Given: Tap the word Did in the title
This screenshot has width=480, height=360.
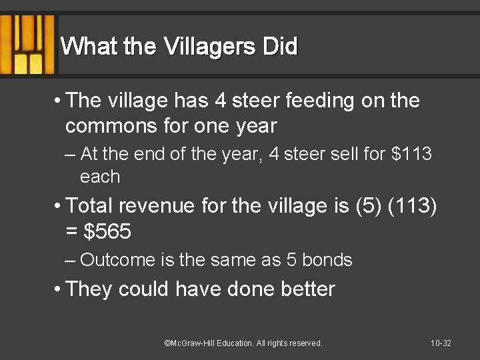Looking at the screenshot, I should click(280, 47).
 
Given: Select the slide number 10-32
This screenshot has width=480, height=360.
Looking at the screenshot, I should click(441, 343).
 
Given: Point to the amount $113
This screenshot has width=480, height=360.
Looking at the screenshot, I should click(412, 155).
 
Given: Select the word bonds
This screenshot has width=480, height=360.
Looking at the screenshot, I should click(327, 260).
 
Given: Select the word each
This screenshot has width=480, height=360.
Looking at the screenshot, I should click(100, 177).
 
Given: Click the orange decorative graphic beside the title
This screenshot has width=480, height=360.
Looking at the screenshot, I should click(27, 44).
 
